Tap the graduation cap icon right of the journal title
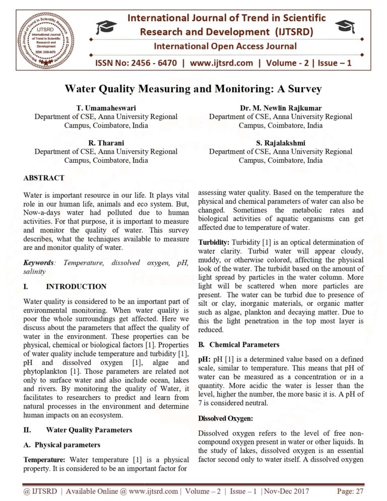click(x=346, y=26)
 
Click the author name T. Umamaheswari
click(x=106, y=108)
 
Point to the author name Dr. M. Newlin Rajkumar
click(x=281, y=108)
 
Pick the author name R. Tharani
click(x=106, y=143)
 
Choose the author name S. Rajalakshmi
click(x=281, y=143)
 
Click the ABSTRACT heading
click(x=44, y=178)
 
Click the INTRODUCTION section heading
click(x=76, y=287)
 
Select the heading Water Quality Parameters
click(x=89, y=430)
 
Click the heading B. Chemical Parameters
click(x=237, y=345)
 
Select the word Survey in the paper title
click(x=300, y=90)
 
